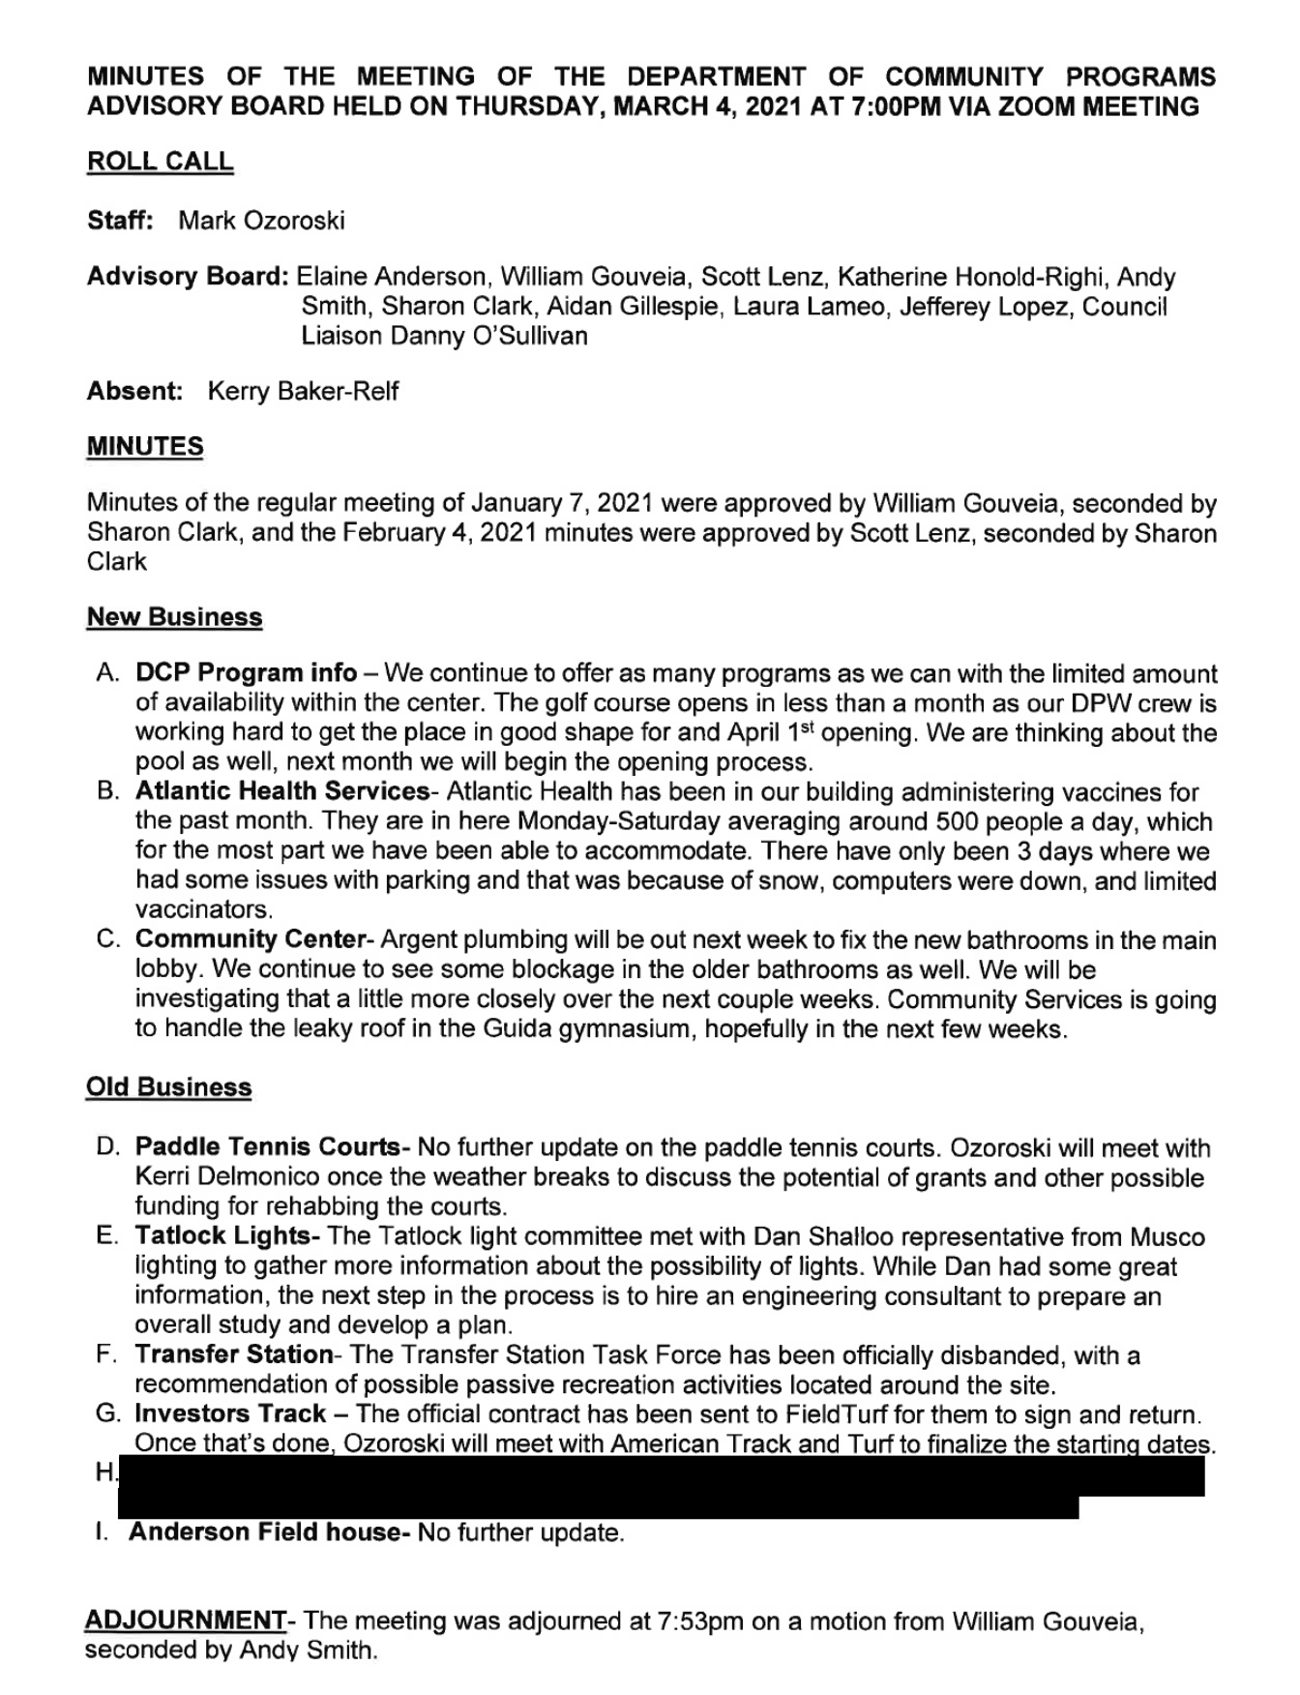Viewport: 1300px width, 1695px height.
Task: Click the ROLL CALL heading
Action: [x=160, y=162]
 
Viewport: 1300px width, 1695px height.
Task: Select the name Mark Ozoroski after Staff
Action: [x=261, y=221]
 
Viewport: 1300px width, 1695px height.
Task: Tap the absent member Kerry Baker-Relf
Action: [x=302, y=392]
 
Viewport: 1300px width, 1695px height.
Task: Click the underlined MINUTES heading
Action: [x=145, y=447]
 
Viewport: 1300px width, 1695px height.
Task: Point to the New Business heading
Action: [x=174, y=617]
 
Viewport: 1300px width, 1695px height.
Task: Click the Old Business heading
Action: [x=168, y=1087]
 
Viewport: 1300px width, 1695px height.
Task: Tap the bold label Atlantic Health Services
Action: [x=281, y=791]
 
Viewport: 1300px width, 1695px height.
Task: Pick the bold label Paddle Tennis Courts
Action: [x=268, y=1148]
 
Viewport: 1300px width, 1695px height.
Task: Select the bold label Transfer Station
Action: [x=233, y=1355]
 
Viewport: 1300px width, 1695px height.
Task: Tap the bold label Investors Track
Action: [x=230, y=1413]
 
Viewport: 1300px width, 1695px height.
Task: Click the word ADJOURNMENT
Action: [x=185, y=1621]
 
